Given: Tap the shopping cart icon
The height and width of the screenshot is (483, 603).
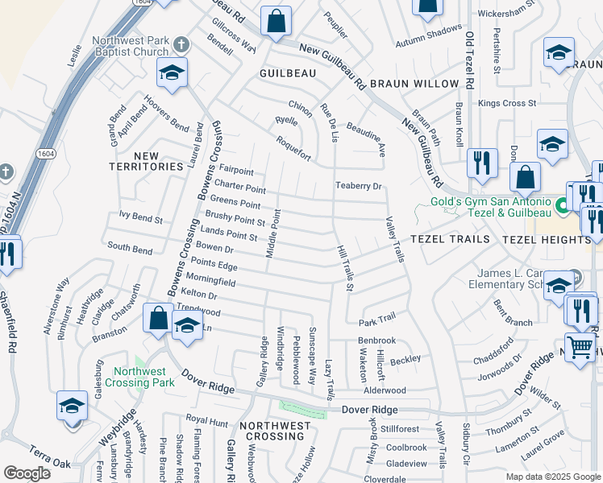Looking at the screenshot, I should point(580,348).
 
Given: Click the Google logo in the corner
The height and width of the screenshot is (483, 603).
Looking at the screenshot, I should point(27,473).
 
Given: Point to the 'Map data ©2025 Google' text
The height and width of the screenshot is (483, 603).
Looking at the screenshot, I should point(552,477).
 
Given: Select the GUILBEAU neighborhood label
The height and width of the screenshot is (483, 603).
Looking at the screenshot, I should point(287,73).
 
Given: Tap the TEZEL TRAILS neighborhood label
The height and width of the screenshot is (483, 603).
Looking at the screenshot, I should point(450,240).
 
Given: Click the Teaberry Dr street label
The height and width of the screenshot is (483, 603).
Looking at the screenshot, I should point(358,186).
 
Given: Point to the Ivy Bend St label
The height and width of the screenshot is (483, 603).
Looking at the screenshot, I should point(141,218).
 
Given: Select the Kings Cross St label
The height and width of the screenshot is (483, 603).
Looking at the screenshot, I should point(506,103).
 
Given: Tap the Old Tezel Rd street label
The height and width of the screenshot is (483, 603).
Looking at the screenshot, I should point(468,60).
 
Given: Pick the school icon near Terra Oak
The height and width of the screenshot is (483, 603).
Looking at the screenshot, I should point(72,405).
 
